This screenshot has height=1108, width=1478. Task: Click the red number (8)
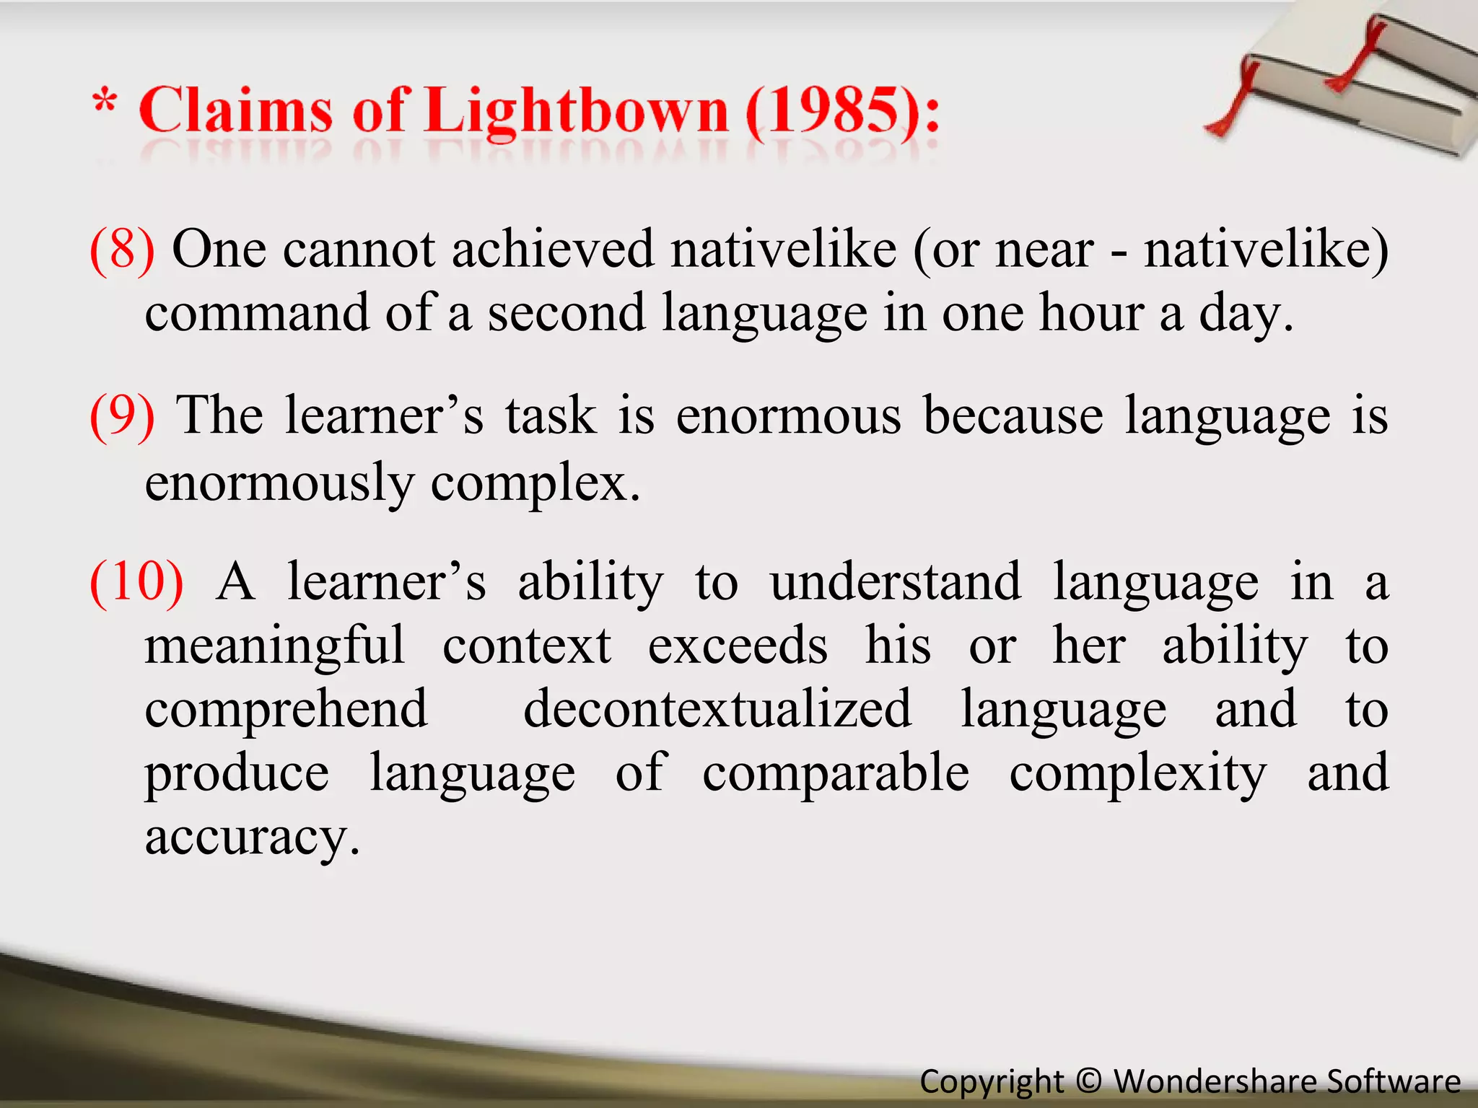coord(122,250)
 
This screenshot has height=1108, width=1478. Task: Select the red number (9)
coord(122,416)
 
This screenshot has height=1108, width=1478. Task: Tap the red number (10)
coord(136,583)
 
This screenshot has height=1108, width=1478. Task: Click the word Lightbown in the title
coord(577,112)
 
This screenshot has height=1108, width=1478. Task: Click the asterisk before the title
coord(105,101)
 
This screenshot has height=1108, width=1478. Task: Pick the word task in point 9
coord(551,416)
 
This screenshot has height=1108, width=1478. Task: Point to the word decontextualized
coord(717,710)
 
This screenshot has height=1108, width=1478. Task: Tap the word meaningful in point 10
coord(275,646)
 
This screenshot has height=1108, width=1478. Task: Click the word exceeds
coord(737,646)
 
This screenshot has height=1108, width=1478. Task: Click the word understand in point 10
coord(896,583)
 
